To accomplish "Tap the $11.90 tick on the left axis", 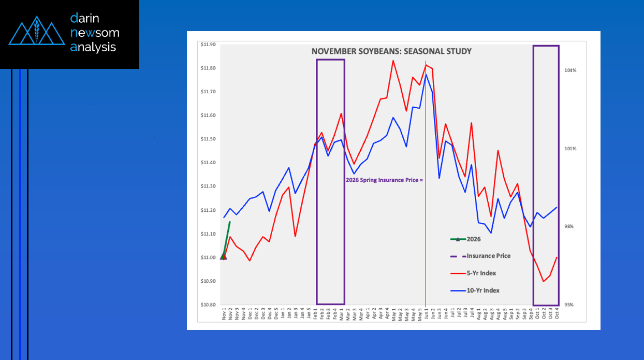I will tap(208, 45).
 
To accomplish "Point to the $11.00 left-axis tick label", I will tap(208, 257).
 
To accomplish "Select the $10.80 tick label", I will tap(208, 305).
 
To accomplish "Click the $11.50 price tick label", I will tap(208, 139).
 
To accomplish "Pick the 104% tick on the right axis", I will tap(570, 70).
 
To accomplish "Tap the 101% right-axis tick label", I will tap(570, 149).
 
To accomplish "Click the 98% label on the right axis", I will tap(570, 227).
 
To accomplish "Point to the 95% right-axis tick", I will tap(570, 305).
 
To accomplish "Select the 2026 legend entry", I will tap(474, 239).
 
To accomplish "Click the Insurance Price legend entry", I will tap(488, 256).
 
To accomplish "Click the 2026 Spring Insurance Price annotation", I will tap(384, 181).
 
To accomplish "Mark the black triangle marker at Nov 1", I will tap(223, 256).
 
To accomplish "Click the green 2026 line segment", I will tap(227, 238).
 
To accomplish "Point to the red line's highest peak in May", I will tap(393, 61).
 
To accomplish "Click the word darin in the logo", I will tap(86, 19).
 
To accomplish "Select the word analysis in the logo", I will tap(93, 47).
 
